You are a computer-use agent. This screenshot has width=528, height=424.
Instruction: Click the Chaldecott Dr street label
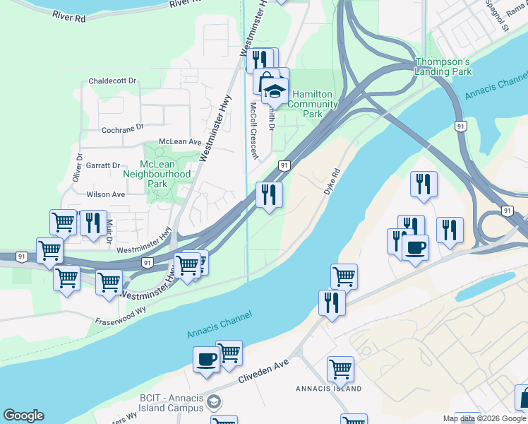click(112, 81)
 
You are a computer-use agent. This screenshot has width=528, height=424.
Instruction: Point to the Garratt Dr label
click(103, 165)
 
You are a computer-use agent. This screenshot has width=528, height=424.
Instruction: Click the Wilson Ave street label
click(105, 194)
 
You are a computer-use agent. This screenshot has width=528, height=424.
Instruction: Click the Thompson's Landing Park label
click(443, 67)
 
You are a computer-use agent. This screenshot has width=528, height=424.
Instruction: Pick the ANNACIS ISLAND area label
click(328, 389)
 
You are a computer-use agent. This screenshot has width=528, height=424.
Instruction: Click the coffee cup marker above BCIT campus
click(207, 359)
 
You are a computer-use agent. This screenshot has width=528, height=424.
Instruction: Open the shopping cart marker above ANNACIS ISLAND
click(340, 368)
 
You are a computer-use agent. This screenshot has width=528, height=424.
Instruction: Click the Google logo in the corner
click(23, 416)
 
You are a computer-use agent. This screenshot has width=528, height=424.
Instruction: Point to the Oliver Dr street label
click(78, 168)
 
